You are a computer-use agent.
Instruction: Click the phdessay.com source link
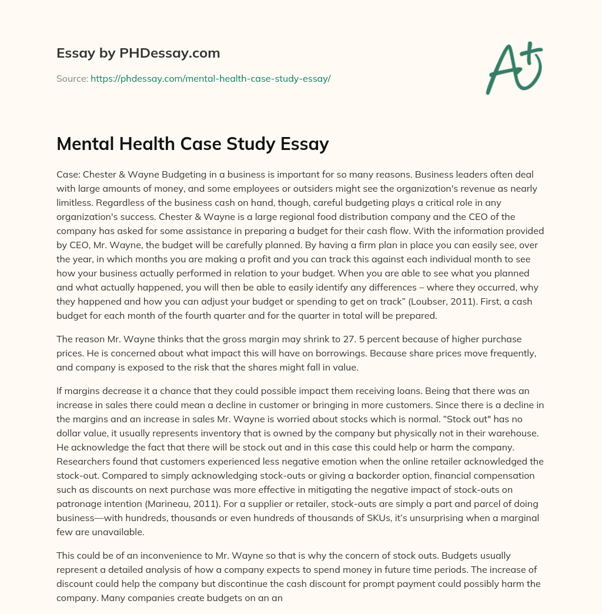(x=210, y=78)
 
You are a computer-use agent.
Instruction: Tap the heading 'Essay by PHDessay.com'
(x=138, y=53)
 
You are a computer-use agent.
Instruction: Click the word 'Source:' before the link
(x=72, y=78)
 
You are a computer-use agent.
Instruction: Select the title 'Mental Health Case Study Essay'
(x=192, y=144)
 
